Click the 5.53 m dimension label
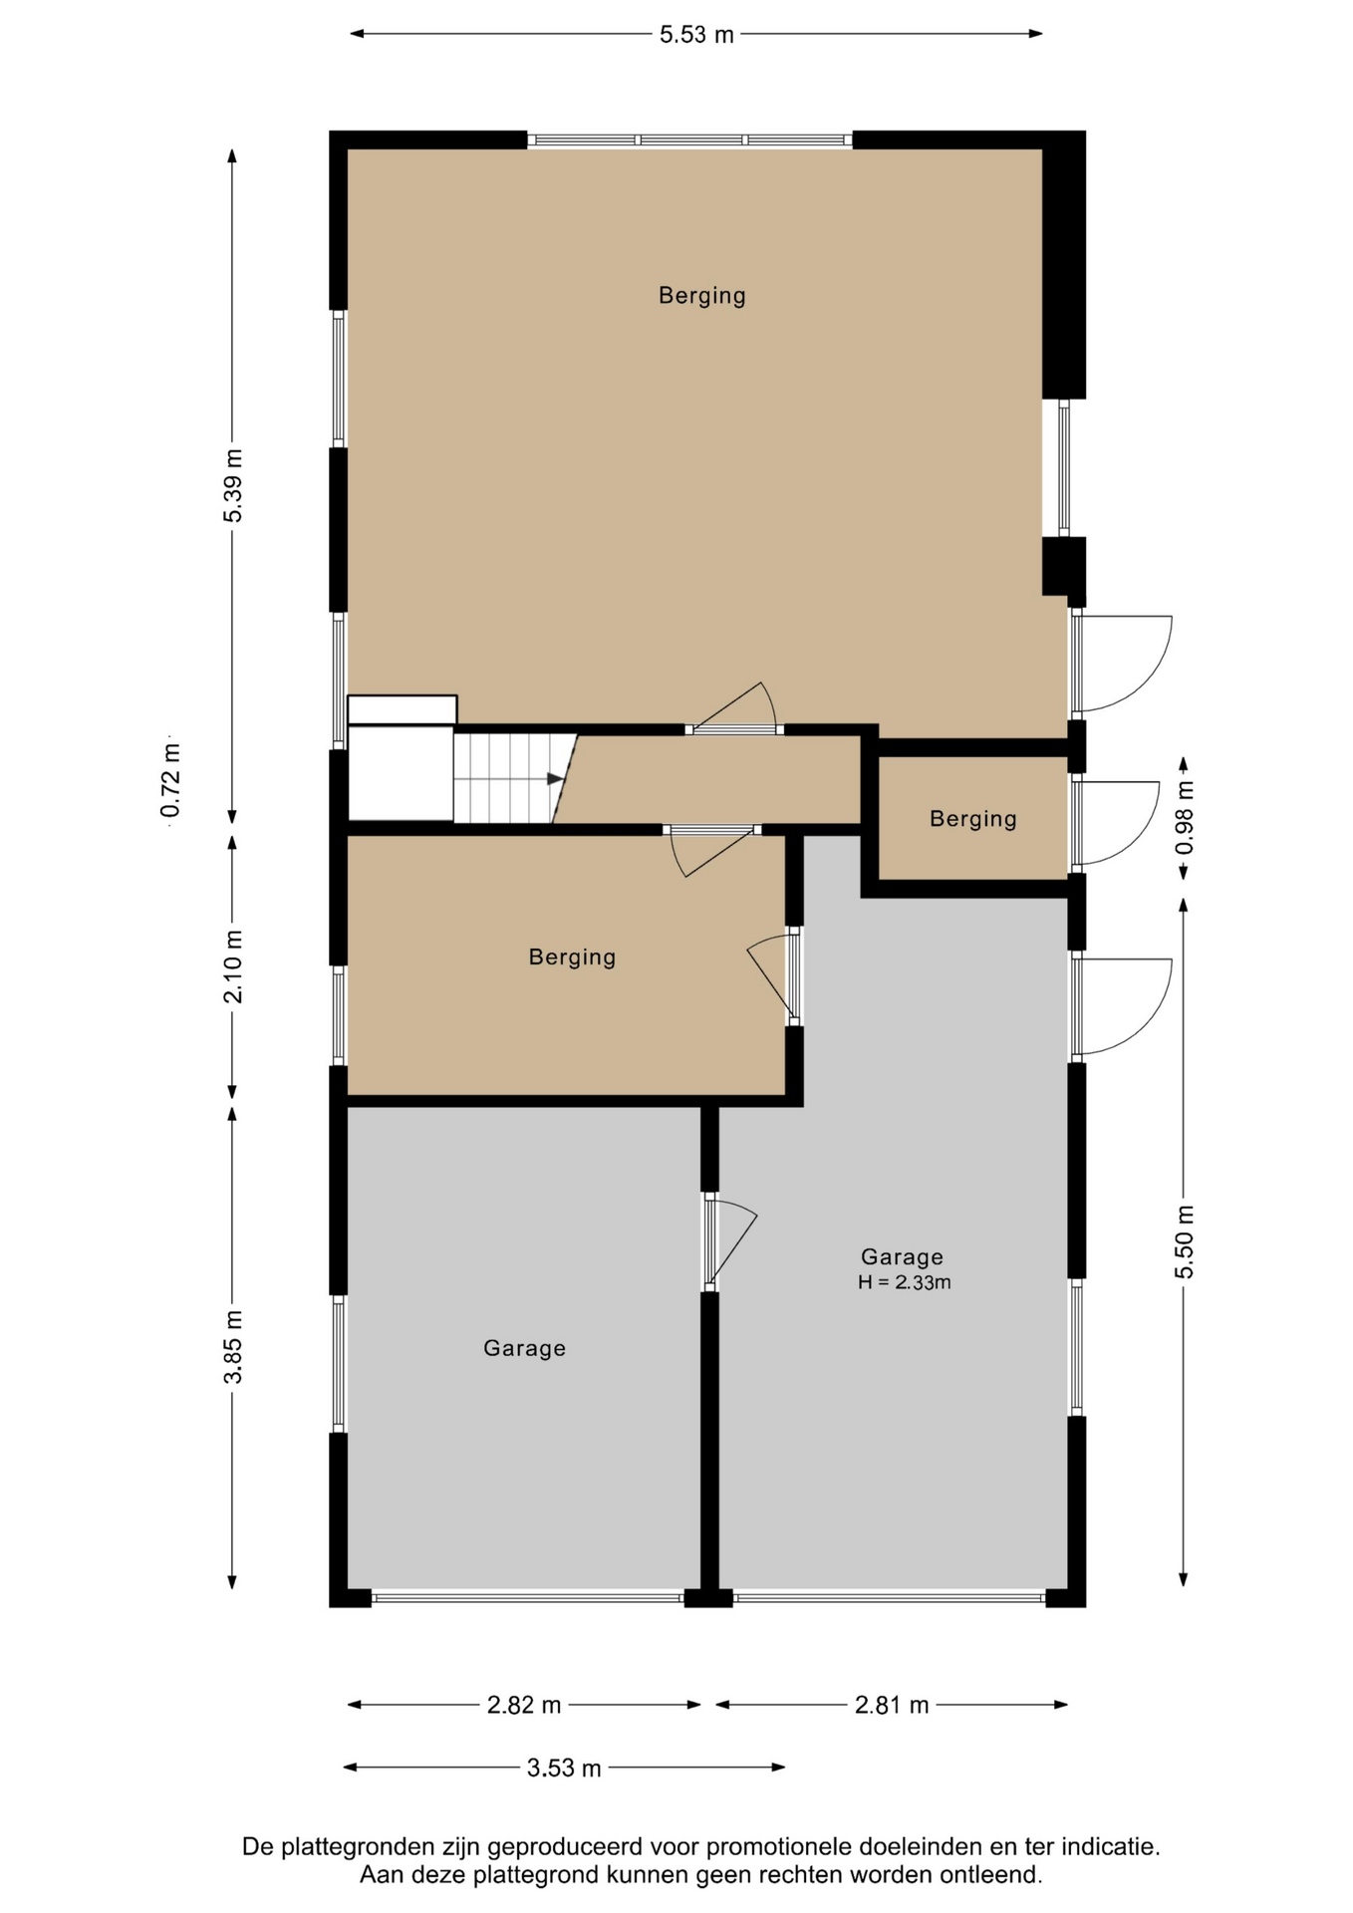pos(696,35)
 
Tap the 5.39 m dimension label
pos(233,485)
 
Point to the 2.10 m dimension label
pos(233,966)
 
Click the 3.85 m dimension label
pos(233,1347)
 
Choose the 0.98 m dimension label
pos(1185,817)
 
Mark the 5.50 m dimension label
pos(1185,1241)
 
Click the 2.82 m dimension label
pos(524,1705)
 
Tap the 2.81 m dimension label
pos(892,1705)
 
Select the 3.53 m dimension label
pos(564,1769)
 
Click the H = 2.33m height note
pos(905,1282)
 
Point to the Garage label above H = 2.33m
pos(902,1256)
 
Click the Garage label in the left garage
pos(524,1348)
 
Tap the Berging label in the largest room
pos(702,296)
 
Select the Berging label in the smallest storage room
pos(973,819)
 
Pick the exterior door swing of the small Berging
pos(1117,822)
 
